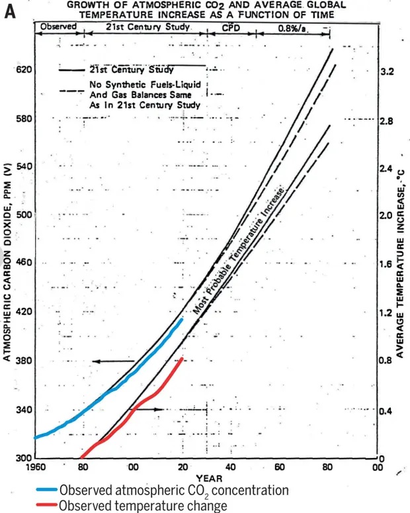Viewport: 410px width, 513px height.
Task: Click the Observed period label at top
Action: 59,26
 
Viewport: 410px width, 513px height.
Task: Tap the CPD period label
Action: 231,27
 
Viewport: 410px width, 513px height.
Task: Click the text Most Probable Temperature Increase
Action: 239,252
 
